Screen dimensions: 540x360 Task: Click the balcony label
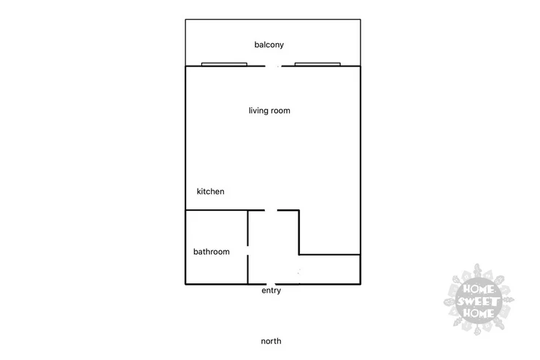coord(269,45)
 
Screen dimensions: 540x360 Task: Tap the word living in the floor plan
coord(258,110)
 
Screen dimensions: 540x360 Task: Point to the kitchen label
coord(210,191)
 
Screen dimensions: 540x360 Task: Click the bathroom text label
coord(212,251)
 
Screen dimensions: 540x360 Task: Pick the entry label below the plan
coord(271,291)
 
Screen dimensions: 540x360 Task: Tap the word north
coord(271,341)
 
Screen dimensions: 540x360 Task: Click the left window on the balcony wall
coord(224,64)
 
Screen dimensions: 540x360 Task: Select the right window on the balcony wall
coord(317,64)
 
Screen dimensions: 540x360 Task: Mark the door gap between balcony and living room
coord(273,66)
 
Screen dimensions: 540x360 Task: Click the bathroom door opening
coord(247,250)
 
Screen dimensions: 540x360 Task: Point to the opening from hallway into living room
coord(271,210)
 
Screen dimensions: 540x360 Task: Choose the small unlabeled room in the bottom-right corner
coord(330,269)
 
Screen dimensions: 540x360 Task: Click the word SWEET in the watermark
coord(478,302)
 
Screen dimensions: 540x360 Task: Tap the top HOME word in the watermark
coord(479,288)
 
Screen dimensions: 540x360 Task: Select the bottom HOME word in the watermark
coord(479,313)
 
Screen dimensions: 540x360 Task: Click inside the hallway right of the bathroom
coord(273,248)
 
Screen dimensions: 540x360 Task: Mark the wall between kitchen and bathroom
coord(217,210)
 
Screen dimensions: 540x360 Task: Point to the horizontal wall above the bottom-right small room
coord(330,255)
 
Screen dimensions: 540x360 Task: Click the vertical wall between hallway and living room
coord(299,232)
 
